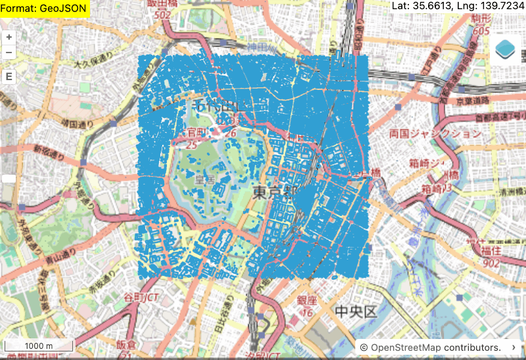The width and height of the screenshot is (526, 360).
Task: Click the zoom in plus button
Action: click(9, 37)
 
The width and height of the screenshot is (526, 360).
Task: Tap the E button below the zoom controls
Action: click(9, 76)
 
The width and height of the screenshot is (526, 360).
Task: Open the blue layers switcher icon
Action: click(506, 48)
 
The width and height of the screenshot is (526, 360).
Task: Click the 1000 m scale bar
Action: click(39, 346)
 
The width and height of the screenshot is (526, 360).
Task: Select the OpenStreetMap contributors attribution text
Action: click(431, 347)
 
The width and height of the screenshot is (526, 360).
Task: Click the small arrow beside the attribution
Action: click(513, 347)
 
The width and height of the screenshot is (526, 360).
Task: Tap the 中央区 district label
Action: click(355, 311)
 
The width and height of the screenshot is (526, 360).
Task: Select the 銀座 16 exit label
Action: click(305, 306)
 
